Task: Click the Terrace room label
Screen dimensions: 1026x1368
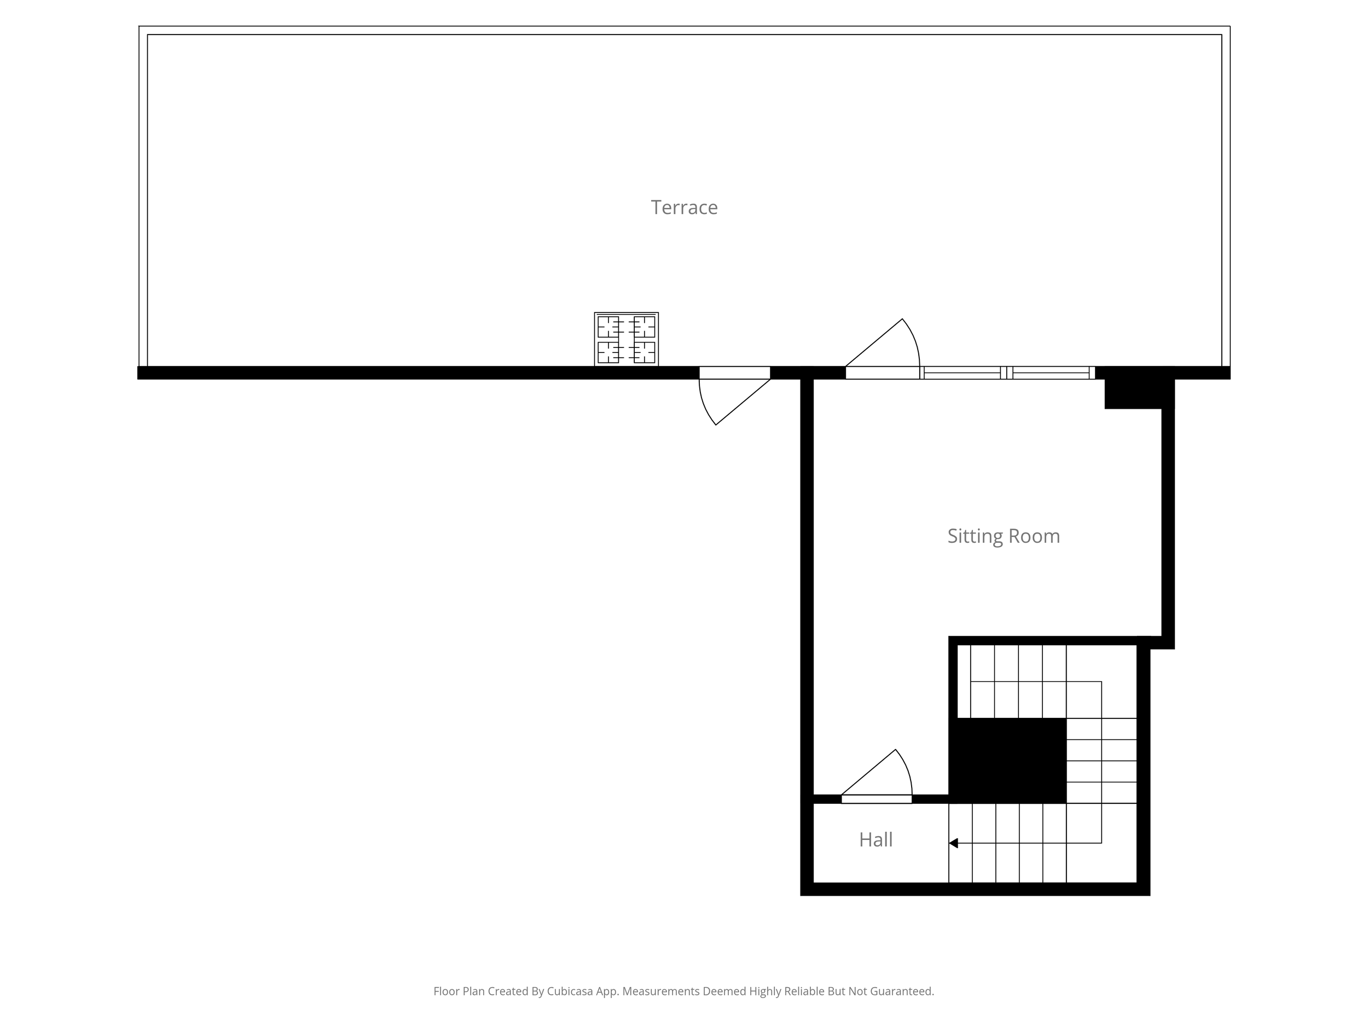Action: (684, 208)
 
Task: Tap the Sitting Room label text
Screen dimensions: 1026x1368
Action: (1003, 536)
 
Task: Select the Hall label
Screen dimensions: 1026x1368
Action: (876, 840)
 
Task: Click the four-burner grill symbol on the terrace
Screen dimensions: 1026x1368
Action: (626, 339)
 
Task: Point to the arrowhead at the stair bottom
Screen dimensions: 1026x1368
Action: (954, 843)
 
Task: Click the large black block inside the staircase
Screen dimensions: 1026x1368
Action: (1007, 760)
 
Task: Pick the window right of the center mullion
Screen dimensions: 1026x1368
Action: (1051, 372)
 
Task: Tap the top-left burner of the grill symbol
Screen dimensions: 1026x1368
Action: (608, 327)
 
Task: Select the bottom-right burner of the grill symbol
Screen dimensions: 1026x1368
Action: (645, 352)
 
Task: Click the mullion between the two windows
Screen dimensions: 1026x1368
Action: (1006, 372)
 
